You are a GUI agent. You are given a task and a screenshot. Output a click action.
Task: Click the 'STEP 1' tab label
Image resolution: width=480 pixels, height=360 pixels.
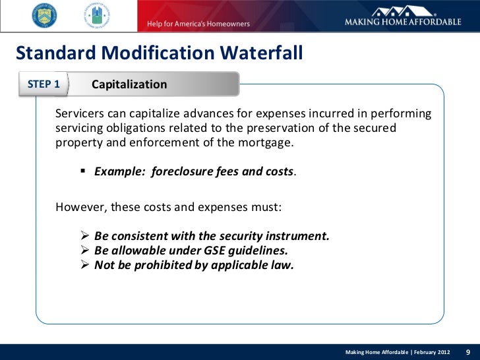44,84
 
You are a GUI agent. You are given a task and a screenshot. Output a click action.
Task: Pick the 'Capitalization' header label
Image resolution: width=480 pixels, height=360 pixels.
129,85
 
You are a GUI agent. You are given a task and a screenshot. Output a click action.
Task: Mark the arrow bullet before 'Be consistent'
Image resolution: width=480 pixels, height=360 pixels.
84,235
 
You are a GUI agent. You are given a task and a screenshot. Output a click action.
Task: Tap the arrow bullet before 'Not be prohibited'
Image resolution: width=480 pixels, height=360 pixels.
84,265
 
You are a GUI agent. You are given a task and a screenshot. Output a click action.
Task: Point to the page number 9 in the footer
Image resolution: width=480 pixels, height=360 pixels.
467,351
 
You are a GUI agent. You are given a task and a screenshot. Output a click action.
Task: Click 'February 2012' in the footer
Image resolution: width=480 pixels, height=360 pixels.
429,352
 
